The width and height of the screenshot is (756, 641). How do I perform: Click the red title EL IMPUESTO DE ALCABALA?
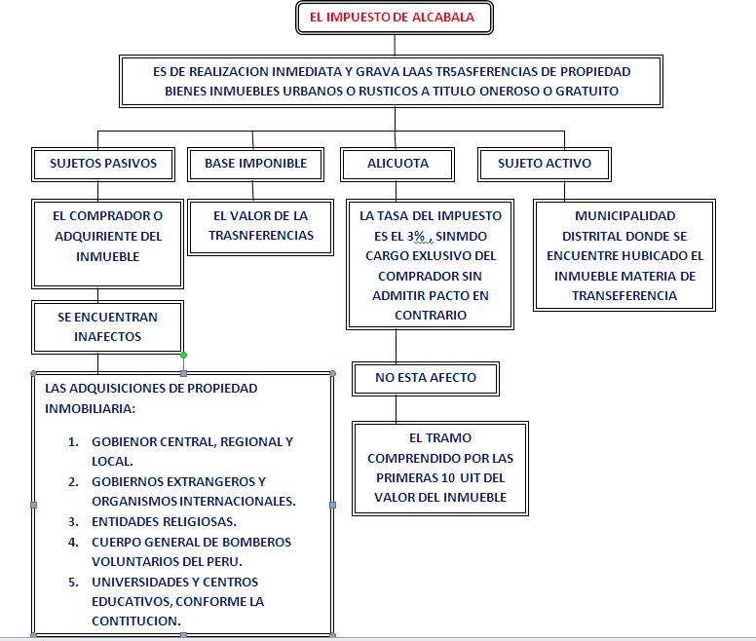click(395, 18)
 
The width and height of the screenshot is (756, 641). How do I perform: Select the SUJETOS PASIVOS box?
click(103, 164)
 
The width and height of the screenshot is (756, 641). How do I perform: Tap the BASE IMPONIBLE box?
click(255, 164)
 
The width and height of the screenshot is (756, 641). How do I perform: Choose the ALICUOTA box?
click(398, 164)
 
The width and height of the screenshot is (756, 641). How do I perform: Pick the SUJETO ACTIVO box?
click(545, 164)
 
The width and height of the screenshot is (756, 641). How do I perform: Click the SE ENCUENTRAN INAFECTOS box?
click(107, 327)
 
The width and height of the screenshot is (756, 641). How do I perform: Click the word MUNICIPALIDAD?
click(624, 216)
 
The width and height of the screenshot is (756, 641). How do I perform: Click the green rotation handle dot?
click(183, 355)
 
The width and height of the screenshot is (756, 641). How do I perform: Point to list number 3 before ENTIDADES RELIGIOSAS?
click(74, 522)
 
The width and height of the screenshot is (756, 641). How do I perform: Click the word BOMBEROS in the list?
click(249, 543)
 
